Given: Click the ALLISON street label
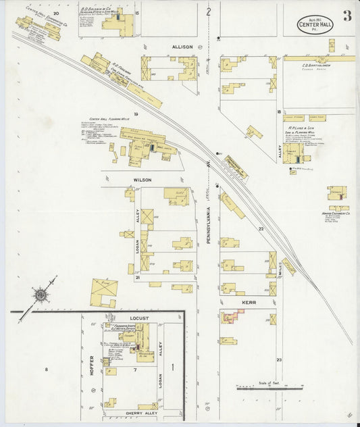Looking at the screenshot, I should (182, 47).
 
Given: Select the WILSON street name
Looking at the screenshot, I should (142, 180).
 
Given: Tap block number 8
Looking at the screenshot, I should (47, 369).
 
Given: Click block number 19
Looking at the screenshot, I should (136, 114).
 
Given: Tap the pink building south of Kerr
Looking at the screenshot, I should (232, 316).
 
